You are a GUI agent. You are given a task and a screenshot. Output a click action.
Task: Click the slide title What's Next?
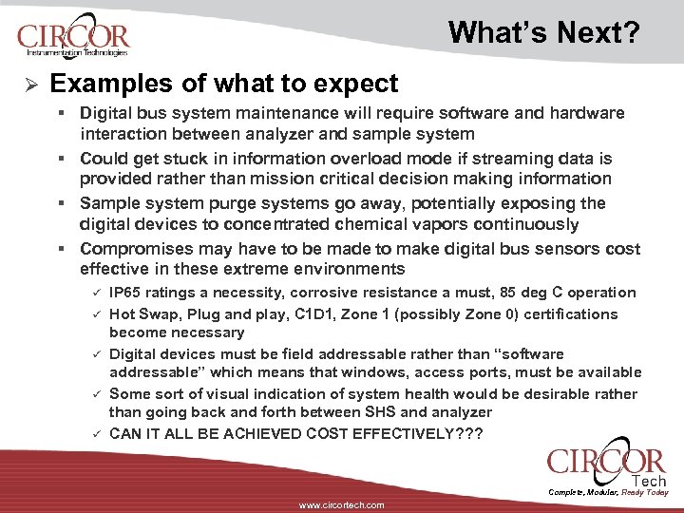544,33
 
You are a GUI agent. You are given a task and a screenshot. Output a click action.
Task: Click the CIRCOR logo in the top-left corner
72,38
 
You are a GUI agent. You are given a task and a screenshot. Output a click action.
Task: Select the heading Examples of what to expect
224,84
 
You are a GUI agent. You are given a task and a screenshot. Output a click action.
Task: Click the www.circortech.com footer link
341,505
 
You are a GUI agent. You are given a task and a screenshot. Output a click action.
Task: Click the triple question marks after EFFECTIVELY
468,433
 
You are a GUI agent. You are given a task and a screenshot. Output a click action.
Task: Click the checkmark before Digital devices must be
95,354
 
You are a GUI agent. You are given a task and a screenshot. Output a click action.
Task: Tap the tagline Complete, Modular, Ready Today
609,492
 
